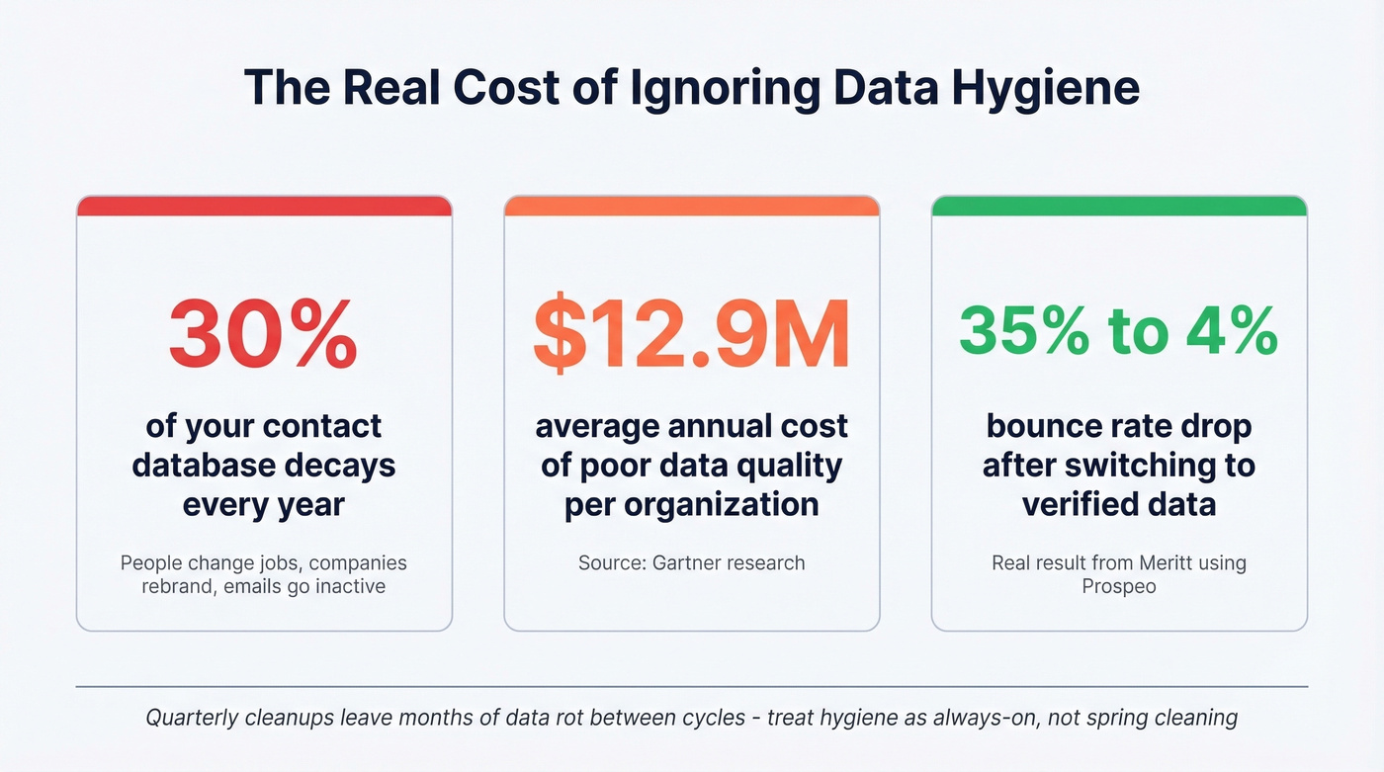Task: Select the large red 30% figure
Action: point(263,333)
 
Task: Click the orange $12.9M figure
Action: point(691,333)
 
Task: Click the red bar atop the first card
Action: point(264,206)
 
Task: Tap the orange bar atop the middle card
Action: point(691,206)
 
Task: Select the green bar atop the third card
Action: point(1119,206)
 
